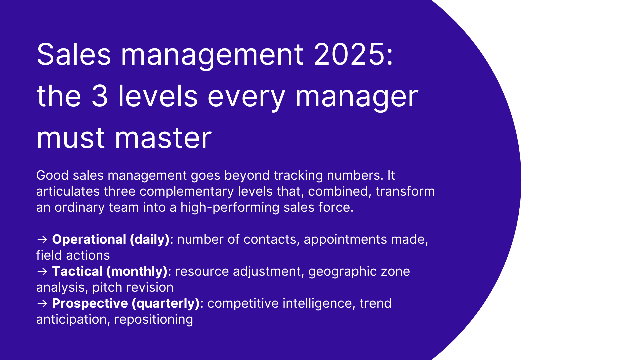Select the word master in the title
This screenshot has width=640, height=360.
(x=163, y=138)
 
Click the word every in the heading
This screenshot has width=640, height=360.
(x=246, y=97)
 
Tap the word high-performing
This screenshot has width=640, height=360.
(x=230, y=207)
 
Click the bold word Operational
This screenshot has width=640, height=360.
(x=89, y=239)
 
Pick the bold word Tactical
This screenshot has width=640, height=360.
(x=77, y=271)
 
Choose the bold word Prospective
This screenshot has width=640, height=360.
(x=90, y=303)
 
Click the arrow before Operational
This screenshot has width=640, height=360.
(x=42, y=239)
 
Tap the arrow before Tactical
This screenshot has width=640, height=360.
(x=42, y=271)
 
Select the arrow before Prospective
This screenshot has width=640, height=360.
(x=42, y=303)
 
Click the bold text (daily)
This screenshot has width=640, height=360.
(x=150, y=239)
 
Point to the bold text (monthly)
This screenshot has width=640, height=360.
(x=137, y=271)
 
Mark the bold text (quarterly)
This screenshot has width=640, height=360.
(x=166, y=303)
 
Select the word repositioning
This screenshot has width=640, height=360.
(x=154, y=319)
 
